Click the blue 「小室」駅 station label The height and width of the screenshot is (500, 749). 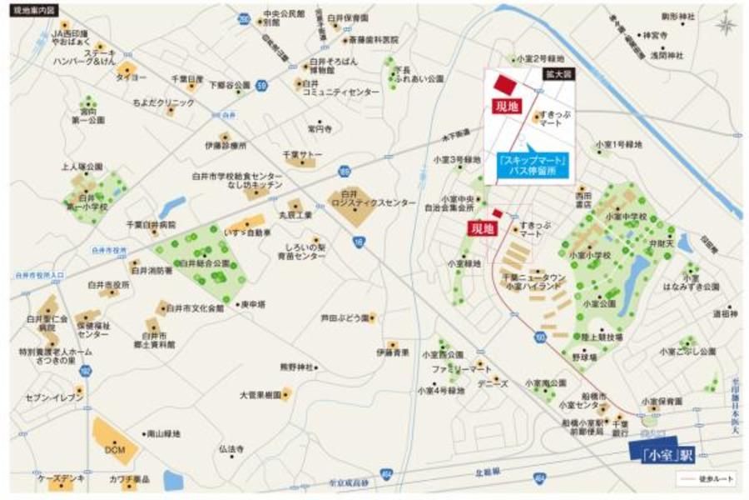pos(661,454)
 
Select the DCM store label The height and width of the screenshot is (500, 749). pos(114,449)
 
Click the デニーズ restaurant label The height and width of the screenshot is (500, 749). pos(493,383)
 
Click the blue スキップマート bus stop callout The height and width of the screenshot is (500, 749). pos(531,164)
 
